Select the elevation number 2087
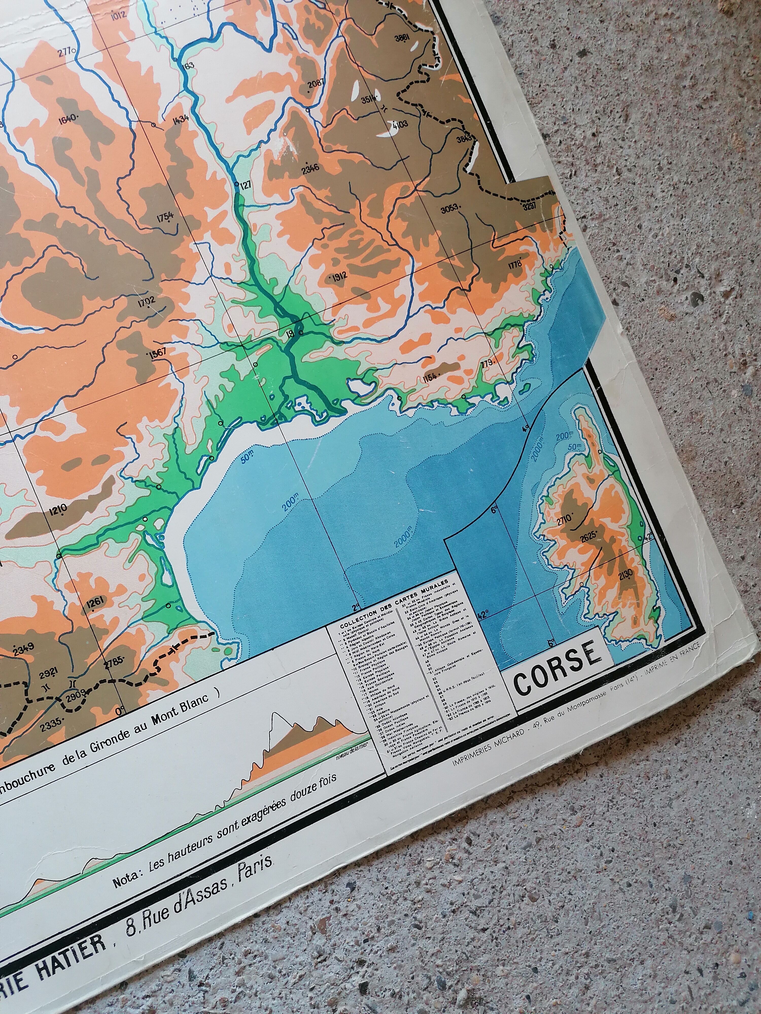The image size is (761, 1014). point(316,83)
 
